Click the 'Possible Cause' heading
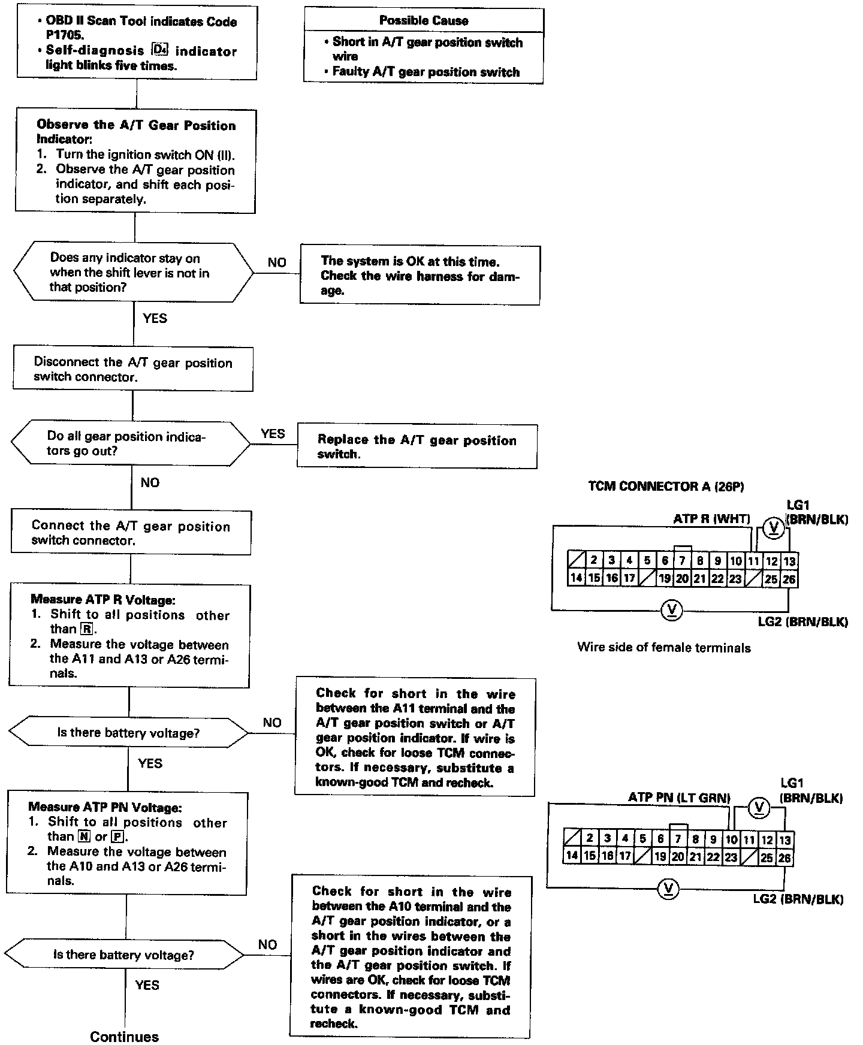[424, 20]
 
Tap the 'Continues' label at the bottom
[125, 1037]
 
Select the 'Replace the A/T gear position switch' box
[417, 447]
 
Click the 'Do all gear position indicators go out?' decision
[131, 444]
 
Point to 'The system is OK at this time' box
[420, 276]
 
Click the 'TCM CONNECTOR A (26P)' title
[666, 486]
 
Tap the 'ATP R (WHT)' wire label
[711, 519]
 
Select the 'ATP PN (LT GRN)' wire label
[679, 798]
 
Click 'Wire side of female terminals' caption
[663, 647]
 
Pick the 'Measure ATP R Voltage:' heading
[103, 599]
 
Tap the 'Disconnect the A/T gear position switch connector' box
[132, 370]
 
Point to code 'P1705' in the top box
[66, 35]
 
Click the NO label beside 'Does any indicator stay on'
[277, 262]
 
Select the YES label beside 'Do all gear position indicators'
[273, 433]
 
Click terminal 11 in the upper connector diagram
[753, 561]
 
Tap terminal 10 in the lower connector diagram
[731, 840]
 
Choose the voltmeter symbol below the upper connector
[671, 610]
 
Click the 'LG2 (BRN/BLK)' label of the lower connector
[798, 899]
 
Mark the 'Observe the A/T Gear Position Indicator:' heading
[136, 132]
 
